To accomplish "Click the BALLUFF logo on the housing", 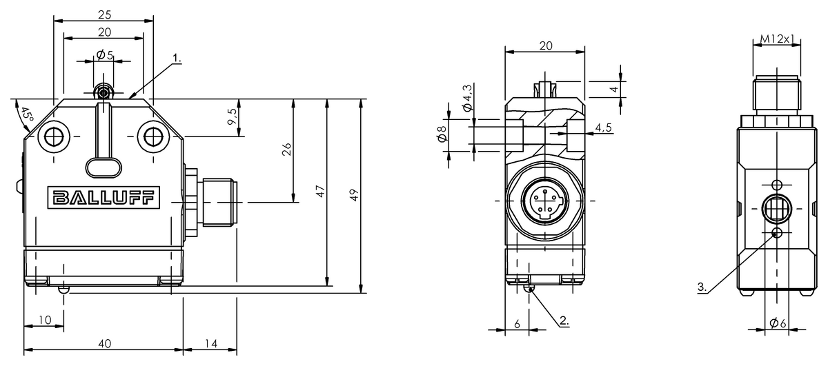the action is [x=103, y=198].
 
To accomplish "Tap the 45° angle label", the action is [x=27, y=115].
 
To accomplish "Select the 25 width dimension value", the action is [x=105, y=14].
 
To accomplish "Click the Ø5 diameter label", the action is [x=105, y=55].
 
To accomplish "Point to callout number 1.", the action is [x=177, y=58].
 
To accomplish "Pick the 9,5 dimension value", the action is [x=233, y=117].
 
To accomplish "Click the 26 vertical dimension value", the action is [x=287, y=149].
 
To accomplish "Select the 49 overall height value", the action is [x=354, y=194].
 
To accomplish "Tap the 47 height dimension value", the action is [x=320, y=192].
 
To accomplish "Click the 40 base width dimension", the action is [x=105, y=343].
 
